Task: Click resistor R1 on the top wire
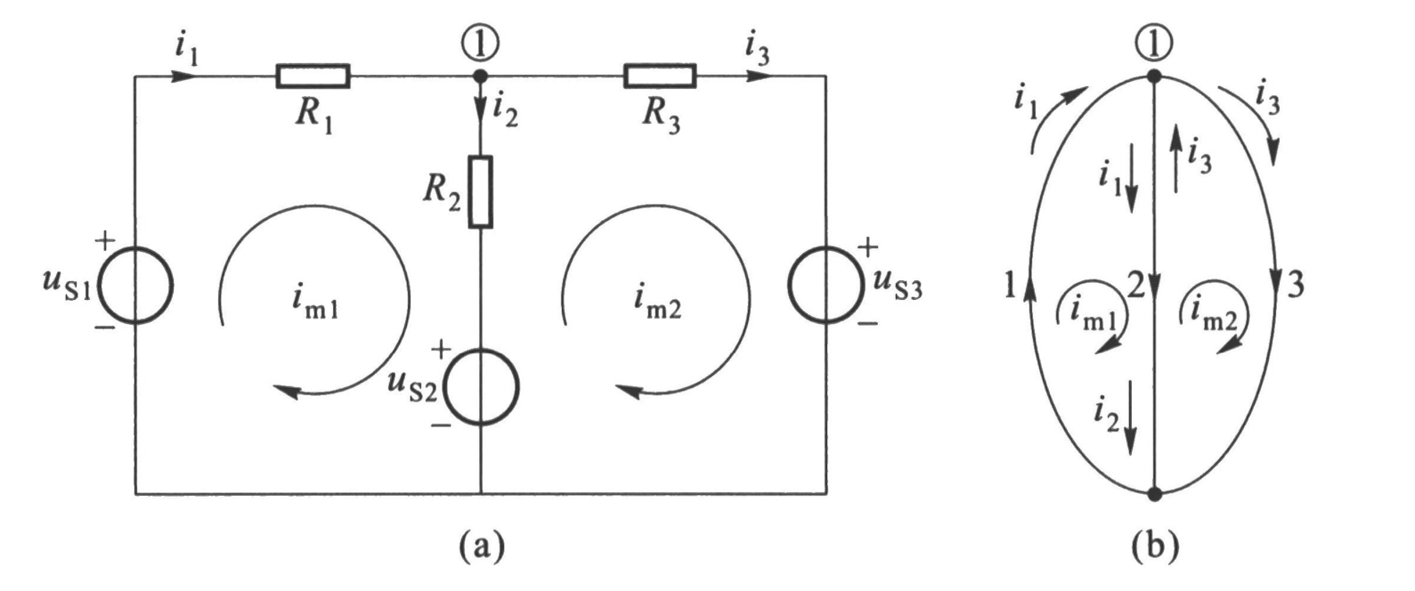pos(313,76)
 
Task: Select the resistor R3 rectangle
pos(660,76)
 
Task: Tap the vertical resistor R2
pos(480,191)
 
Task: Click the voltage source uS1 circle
pos(134,286)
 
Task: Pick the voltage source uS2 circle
pos(481,387)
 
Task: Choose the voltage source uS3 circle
pos(825,284)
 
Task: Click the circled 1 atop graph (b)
pos(1153,41)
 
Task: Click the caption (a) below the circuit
pos(481,543)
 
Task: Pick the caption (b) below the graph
pos(1154,543)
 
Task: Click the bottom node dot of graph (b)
pos(1154,493)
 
